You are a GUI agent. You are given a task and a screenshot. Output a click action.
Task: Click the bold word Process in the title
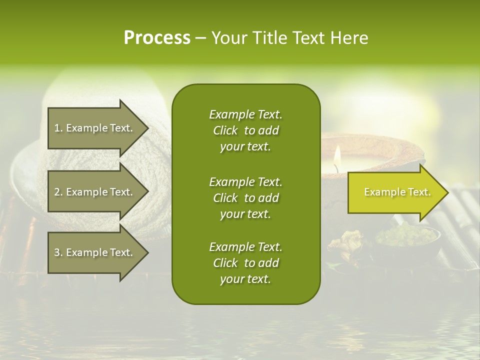157,38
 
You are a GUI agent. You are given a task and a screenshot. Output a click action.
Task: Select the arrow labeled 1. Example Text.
95,128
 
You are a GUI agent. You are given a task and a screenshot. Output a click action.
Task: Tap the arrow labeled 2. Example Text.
95,192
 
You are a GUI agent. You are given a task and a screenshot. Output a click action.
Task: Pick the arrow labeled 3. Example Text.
95,252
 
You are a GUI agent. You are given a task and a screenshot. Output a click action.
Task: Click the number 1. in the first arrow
58,128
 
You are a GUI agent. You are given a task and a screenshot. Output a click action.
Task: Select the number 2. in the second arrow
58,192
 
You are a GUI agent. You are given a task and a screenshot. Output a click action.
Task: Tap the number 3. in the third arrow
58,252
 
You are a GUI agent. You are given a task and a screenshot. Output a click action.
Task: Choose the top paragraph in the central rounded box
245,130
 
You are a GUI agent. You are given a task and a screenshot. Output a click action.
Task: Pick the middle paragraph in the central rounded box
245,198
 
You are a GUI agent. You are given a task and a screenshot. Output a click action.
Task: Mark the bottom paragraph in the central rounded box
245,263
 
